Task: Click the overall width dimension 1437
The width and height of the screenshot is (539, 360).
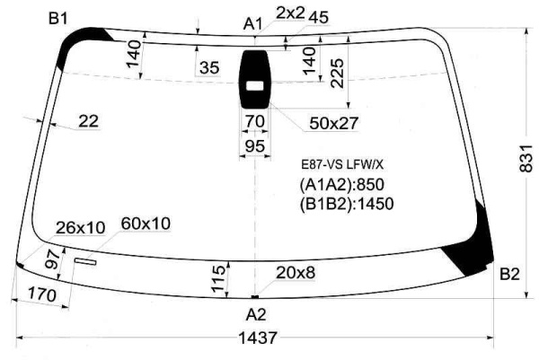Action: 257,338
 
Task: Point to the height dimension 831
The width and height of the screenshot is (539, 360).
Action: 526,158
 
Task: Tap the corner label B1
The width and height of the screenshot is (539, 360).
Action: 57,19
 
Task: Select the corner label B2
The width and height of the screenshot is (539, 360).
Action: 509,275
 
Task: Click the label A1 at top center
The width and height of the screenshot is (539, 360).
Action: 253,24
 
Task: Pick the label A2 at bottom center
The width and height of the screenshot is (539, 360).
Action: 256,314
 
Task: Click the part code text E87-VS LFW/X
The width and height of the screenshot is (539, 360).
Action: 342,165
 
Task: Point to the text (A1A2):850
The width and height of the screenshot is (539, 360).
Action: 341,184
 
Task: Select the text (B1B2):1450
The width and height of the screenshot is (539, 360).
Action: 347,204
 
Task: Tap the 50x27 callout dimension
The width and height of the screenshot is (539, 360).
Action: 334,123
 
